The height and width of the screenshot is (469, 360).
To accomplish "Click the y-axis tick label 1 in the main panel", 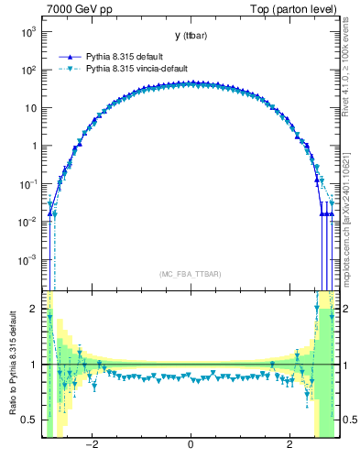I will pos(35,146).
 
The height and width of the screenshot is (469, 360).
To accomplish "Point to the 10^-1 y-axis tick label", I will pos(29,183).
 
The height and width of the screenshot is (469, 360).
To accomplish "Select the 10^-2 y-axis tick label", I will pos(29,222).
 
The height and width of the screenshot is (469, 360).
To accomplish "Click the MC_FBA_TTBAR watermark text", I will pos(190,274).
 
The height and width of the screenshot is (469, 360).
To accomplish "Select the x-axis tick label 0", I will pos(190,445).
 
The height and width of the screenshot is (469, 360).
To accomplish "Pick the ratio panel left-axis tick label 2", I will pos(35,309).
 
